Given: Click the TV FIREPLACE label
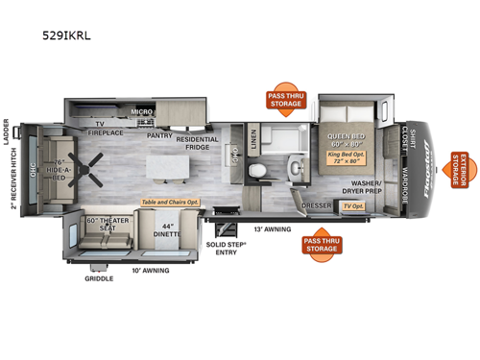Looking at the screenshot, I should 100,131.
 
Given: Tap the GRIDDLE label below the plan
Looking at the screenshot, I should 98,278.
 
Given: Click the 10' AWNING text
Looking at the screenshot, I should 152,271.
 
